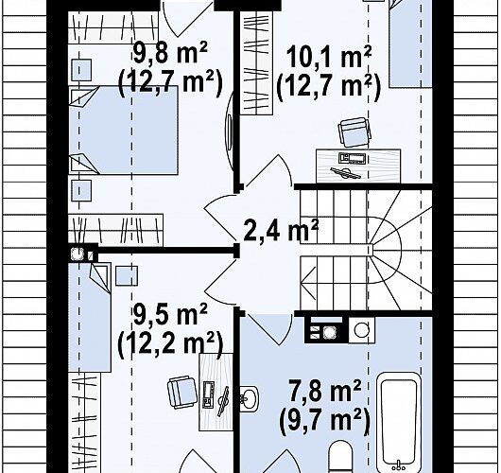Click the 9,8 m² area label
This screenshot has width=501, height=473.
click(170, 53)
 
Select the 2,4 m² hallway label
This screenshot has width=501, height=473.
click(281, 229)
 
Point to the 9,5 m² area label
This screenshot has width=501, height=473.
click(170, 314)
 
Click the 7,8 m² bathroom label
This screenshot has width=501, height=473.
click(324, 390)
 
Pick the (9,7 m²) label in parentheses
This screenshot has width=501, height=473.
click(324, 419)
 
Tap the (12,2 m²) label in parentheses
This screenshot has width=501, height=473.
click(170, 343)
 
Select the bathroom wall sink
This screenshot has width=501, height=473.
click(250, 398)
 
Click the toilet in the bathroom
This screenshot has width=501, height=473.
click(340, 457)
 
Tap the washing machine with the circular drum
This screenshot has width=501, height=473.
click(361, 330)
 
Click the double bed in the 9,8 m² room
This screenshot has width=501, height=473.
click(123, 131)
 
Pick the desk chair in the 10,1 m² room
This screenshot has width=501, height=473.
click(354, 131)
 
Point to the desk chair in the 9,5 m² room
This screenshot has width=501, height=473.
click(182, 393)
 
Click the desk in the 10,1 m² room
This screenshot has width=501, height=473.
click(358, 166)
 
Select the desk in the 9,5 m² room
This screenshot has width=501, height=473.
click(216, 392)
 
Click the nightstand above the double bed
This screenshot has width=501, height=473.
click(81, 70)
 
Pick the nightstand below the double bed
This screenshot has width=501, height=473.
click(81, 190)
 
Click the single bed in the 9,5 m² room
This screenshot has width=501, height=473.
click(90, 318)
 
